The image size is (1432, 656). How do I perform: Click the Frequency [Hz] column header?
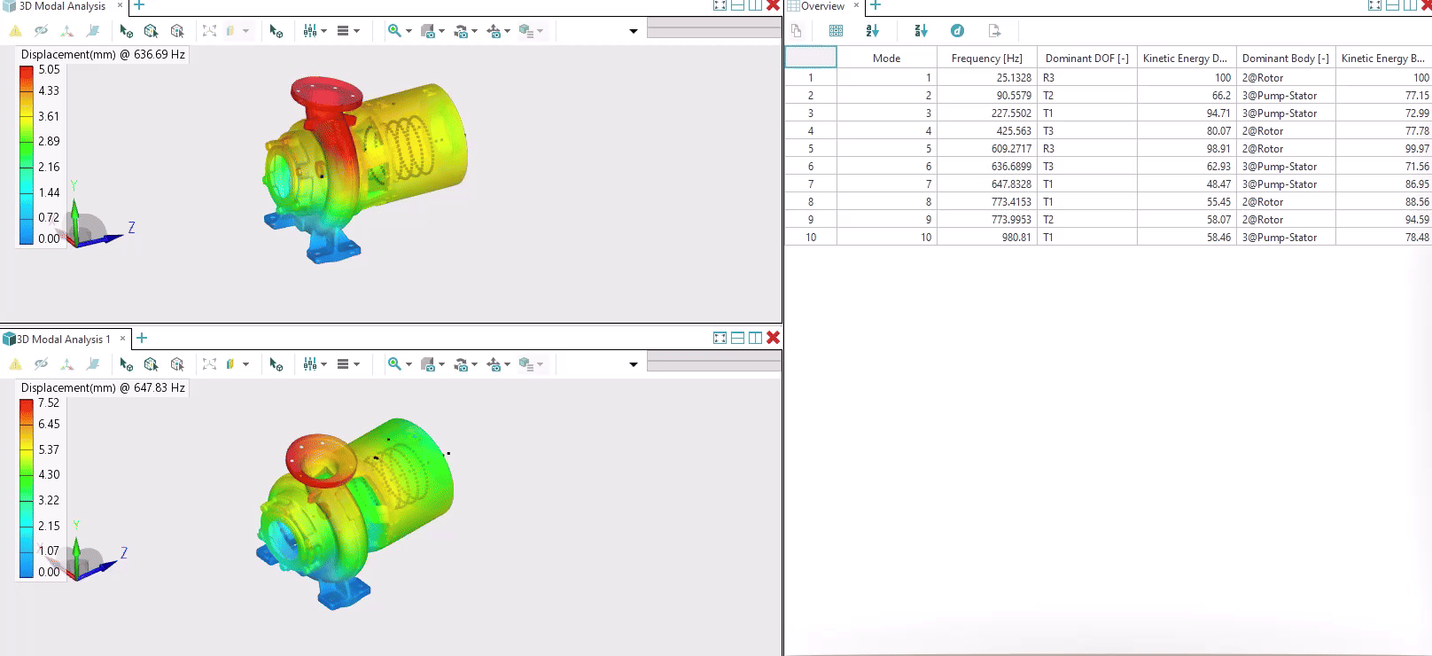click(x=986, y=59)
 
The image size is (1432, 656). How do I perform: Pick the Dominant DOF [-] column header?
click(x=1086, y=59)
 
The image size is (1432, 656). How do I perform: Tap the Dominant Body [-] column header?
click(x=1285, y=59)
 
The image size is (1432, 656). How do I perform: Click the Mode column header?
click(x=886, y=59)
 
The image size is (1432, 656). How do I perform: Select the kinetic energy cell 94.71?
click(x=1218, y=113)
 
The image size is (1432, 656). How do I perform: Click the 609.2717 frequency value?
click(x=1011, y=149)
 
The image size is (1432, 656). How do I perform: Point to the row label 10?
click(x=811, y=238)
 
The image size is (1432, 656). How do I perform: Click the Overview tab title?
click(x=822, y=6)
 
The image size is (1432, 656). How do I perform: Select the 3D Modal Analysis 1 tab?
click(x=63, y=340)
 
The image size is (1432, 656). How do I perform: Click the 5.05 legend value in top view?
click(x=50, y=69)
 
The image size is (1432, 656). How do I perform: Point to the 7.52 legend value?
click(x=49, y=402)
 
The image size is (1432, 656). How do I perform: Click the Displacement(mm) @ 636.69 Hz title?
click(x=103, y=54)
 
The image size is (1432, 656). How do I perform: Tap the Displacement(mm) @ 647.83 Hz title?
click(x=103, y=387)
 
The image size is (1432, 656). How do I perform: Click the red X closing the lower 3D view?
click(x=773, y=338)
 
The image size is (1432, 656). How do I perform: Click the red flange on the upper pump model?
click(x=325, y=91)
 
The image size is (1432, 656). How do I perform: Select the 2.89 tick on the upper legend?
click(x=49, y=141)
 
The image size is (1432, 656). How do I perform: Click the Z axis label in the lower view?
click(x=124, y=552)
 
